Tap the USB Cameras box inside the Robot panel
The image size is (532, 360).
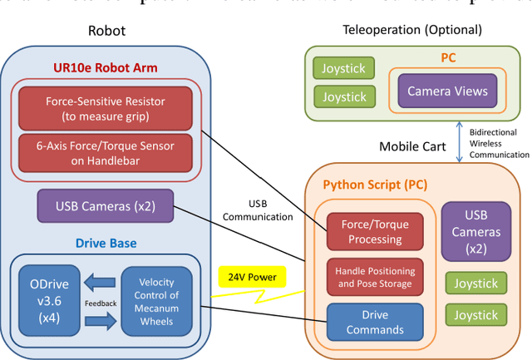coord(106,205)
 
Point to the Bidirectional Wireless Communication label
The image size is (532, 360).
coord(499,143)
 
